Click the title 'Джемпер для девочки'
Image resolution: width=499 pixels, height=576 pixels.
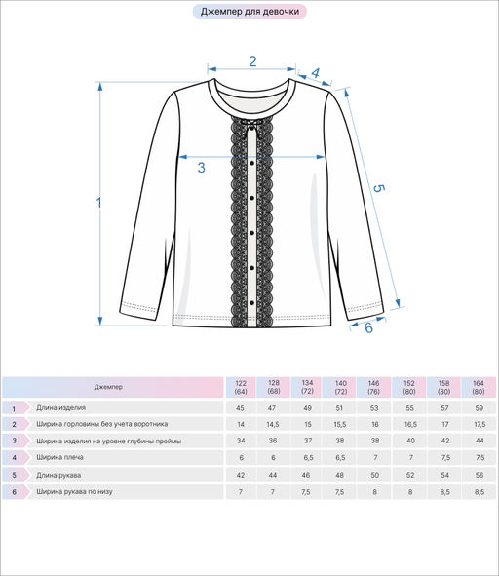(x=249, y=12)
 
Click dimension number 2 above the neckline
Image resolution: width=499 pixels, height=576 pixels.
(x=252, y=61)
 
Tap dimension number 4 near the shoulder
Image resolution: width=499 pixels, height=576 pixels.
(x=315, y=73)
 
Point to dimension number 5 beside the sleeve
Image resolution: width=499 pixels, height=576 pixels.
(x=379, y=188)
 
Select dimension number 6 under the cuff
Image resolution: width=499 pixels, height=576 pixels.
(x=368, y=327)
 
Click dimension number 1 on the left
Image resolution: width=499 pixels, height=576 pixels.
(x=98, y=203)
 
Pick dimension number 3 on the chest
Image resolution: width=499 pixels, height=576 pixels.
(x=201, y=168)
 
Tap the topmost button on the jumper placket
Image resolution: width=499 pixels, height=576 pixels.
(x=252, y=163)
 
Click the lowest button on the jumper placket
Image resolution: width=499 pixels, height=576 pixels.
(x=252, y=303)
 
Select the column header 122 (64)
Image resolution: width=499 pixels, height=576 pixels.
(x=241, y=387)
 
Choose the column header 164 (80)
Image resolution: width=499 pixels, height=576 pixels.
(x=479, y=387)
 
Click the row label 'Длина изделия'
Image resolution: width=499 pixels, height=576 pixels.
(x=61, y=407)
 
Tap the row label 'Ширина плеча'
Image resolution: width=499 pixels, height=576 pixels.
(x=59, y=457)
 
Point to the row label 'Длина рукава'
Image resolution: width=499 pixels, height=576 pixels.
(x=58, y=475)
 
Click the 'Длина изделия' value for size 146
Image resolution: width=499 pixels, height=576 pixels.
(x=374, y=408)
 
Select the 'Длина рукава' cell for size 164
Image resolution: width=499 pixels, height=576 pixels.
(x=480, y=475)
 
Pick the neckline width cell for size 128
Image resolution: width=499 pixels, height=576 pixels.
(x=273, y=424)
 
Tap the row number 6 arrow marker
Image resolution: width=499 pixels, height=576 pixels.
(x=16, y=492)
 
